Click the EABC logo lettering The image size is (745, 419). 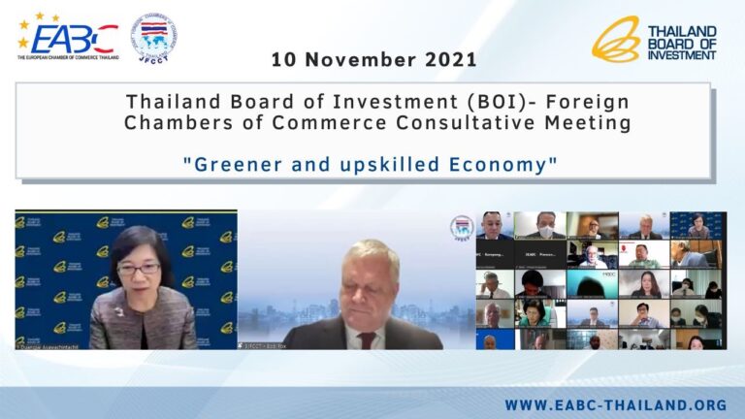point(73,39)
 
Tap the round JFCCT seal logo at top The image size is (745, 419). point(154,37)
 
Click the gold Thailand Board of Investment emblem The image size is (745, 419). point(615,40)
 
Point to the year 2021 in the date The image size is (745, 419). point(449,60)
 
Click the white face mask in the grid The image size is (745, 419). point(546,232)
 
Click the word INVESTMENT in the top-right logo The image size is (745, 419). point(682,55)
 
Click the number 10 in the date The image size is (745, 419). point(282,60)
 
